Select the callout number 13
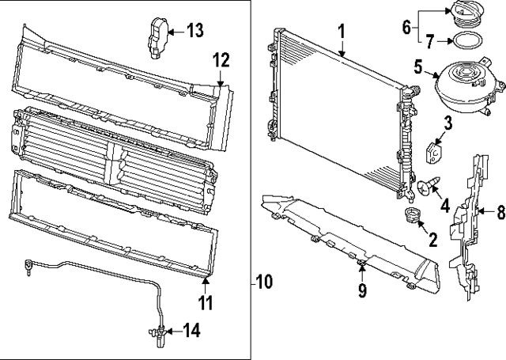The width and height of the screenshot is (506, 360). tap(194, 31)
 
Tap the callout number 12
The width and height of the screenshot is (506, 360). tap(221, 59)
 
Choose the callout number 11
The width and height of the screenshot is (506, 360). tap(206, 302)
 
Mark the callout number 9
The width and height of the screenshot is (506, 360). tap(362, 291)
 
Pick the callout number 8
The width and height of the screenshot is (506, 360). tap(500, 211)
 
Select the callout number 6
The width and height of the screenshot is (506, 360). tap(406, 28)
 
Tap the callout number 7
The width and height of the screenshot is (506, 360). tap(430, 39)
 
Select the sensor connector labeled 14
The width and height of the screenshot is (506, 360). tap(157, 332)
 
